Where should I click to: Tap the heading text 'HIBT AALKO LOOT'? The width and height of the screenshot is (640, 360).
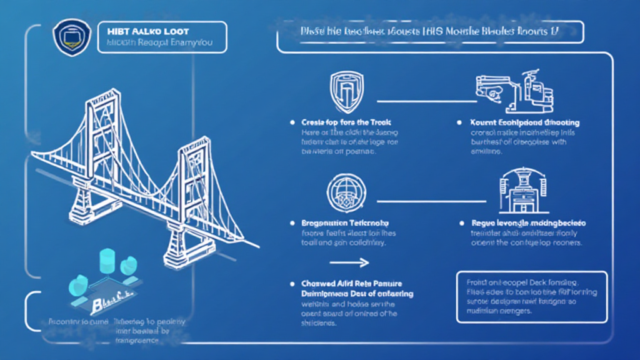pyautogui.click(x=140, y=31)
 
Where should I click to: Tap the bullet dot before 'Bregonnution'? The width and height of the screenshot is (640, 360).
pyautogui.click(x=292, y=222)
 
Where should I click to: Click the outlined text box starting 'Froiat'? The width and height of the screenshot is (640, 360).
pyautogui.click(x=531, y=296)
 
